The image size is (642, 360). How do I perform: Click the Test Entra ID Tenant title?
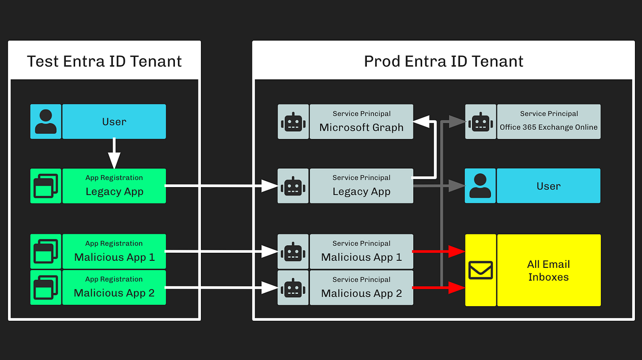tap(104, 61)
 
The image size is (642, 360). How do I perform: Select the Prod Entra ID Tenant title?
tap(443, 61)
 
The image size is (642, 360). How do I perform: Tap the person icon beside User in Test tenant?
tap(46, 121)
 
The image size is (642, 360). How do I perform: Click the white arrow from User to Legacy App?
tap(114, 154)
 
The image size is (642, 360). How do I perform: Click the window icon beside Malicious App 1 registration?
tap(46, 252)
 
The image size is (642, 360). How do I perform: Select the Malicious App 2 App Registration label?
tap(114, 287)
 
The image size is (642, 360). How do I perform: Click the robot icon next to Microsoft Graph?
tap(293, 122)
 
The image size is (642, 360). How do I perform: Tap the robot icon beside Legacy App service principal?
tap(293, 186)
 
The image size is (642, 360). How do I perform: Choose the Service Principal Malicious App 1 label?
tap(361, 252)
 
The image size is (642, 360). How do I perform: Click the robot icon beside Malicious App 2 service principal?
tap(293, 288)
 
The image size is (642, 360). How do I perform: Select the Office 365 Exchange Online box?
tap(548, 122)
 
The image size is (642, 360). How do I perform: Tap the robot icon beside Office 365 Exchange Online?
tap(481, 122)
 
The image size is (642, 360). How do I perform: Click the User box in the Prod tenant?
tap(548, 186)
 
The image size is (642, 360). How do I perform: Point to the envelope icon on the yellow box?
tap(481, 270)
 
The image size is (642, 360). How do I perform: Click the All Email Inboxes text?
tap(548, 271)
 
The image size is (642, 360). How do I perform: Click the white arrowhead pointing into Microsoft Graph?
tap(421, 122)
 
